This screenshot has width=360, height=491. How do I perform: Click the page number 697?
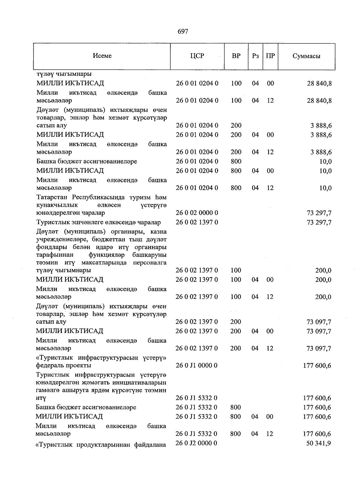click(183, 31)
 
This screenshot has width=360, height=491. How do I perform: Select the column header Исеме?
click(102, 56)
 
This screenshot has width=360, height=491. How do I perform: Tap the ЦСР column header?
click(197, 56)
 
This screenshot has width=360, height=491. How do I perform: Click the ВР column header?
click(236, 56)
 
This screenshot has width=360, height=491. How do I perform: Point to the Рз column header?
click(255, 56)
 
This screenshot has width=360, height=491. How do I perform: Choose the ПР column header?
click(270, 56)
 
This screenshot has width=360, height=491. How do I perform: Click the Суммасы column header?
click(306, 56)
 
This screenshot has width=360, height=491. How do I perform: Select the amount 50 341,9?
click(319, 443)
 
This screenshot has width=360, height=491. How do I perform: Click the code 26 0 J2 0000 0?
click(196, 443)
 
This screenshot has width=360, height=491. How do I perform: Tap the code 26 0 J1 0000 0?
click(196, 365)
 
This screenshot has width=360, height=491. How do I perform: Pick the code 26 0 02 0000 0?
click(197, 213)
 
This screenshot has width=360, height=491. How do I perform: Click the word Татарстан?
click(52, 198)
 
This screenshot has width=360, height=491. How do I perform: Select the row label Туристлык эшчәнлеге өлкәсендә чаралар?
click(99, 222)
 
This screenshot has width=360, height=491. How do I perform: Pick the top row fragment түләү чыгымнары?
click(64, 74)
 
